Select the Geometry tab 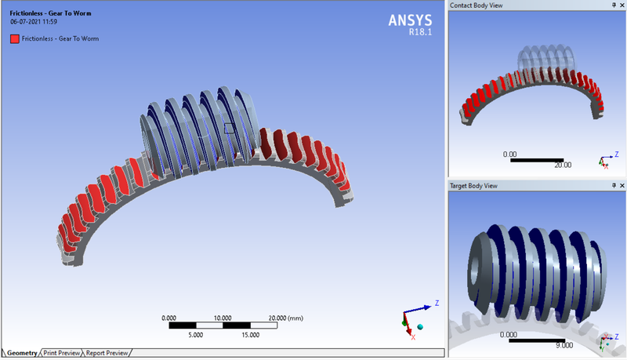[x=22, y=353]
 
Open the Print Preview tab [x=62, y=353]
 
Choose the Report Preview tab [x=107, y=353]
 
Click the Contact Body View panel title [x=476, y=5]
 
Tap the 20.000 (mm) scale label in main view [x=285, y=318]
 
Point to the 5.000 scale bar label [x=196, y=334]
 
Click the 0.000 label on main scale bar [x=169, y=318]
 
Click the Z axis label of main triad [x=436, y=302]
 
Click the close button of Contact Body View [x=620, y=5]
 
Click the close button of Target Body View [x=620, y=186]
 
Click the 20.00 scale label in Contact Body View [x=562, y=165]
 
